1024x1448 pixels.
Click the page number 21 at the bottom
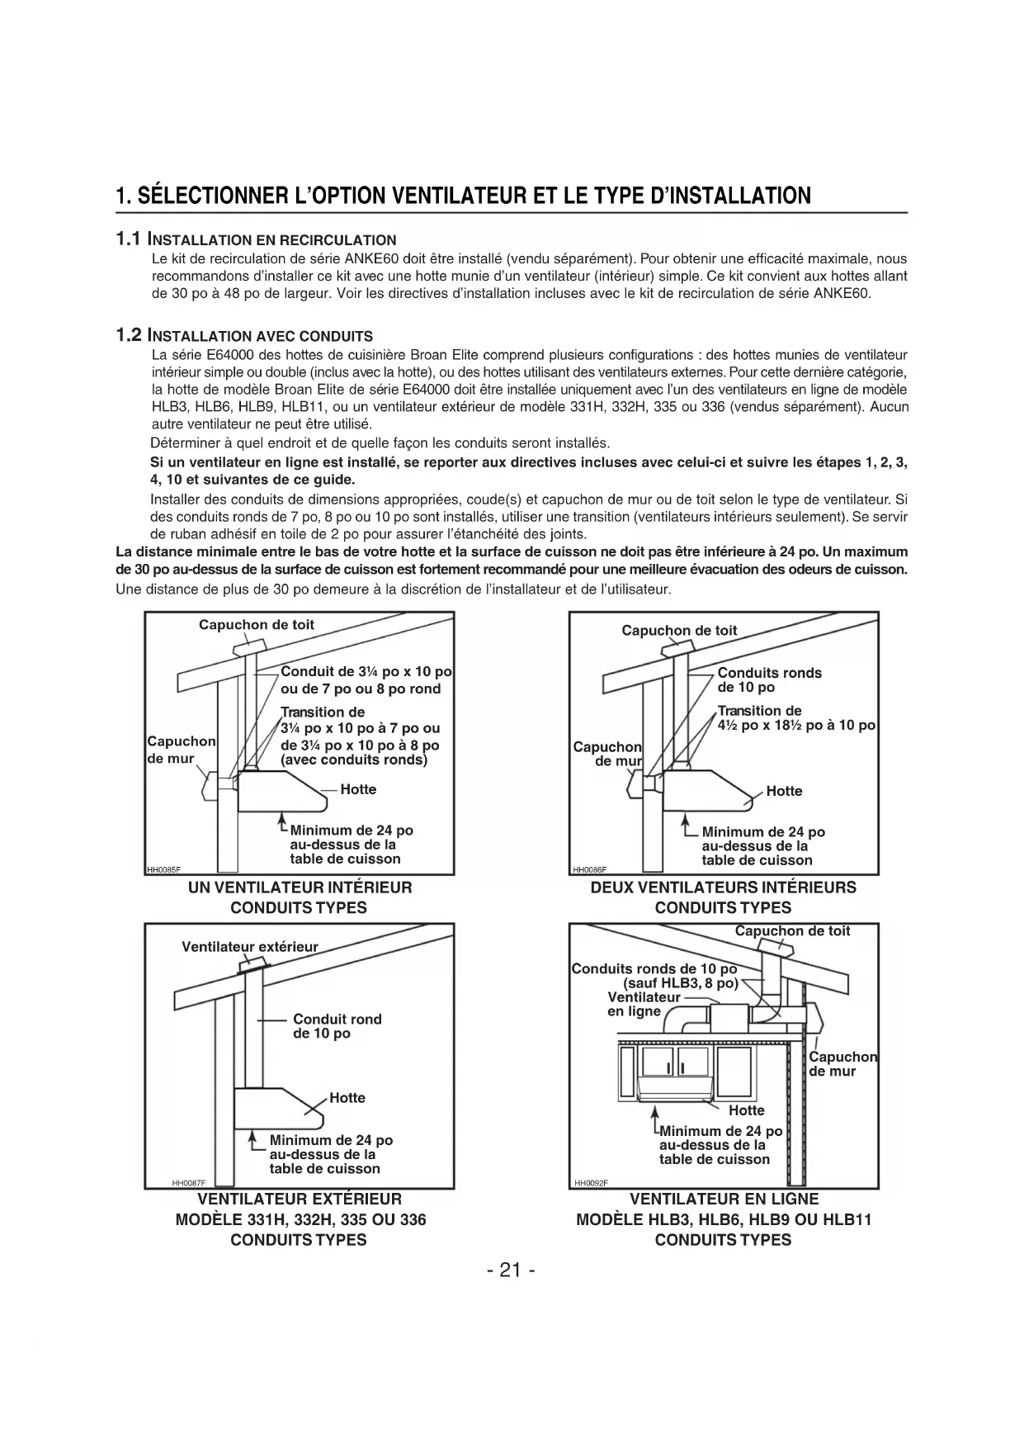pos(511,1270)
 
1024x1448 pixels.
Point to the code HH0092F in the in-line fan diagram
pos(591,1182)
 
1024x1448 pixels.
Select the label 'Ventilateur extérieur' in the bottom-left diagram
pos(249,947)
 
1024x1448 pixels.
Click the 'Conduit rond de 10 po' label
pos(337,1026)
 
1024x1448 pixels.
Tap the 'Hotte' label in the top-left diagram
pos(358,789)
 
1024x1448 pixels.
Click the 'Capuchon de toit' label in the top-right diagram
pos(679,631)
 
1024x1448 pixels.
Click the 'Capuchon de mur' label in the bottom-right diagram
pos(842,1064)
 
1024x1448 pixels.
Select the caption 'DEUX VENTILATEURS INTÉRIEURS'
pos(723,887)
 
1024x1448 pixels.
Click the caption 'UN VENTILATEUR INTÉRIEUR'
pos(300,887)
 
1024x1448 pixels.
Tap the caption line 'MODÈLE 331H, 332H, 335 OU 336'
pos(300,1219)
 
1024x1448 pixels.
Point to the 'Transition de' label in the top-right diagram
pos(759,711)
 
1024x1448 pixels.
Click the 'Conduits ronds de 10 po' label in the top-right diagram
pos(769,679)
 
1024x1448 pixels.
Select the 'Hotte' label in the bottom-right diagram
pos(746,1110)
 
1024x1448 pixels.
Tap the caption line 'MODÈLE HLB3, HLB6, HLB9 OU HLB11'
pos(723,1219)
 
